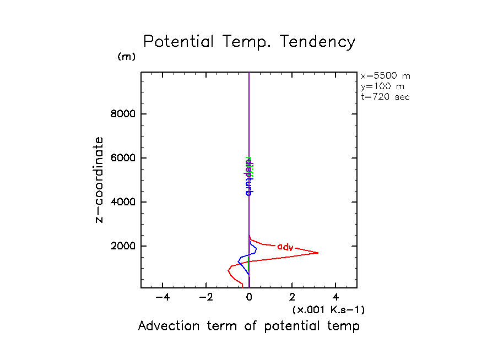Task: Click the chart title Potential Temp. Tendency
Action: click(249, 42)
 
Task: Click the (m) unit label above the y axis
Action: click(126, 57)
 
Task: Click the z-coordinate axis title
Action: click(100, 180)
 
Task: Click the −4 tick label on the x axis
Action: click(163, 298)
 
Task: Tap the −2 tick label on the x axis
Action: click(206, 298)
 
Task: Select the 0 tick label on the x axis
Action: click(249, 298)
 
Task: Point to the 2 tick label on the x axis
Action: click(292, 298)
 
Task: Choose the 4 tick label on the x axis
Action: click(335, 298)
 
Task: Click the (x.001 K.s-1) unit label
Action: click(328, 310)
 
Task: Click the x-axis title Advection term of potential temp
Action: click(248, 326)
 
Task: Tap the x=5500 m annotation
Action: click(386, 76)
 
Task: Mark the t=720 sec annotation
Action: click(386, 97)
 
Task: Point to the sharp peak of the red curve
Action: click(318, 253)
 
